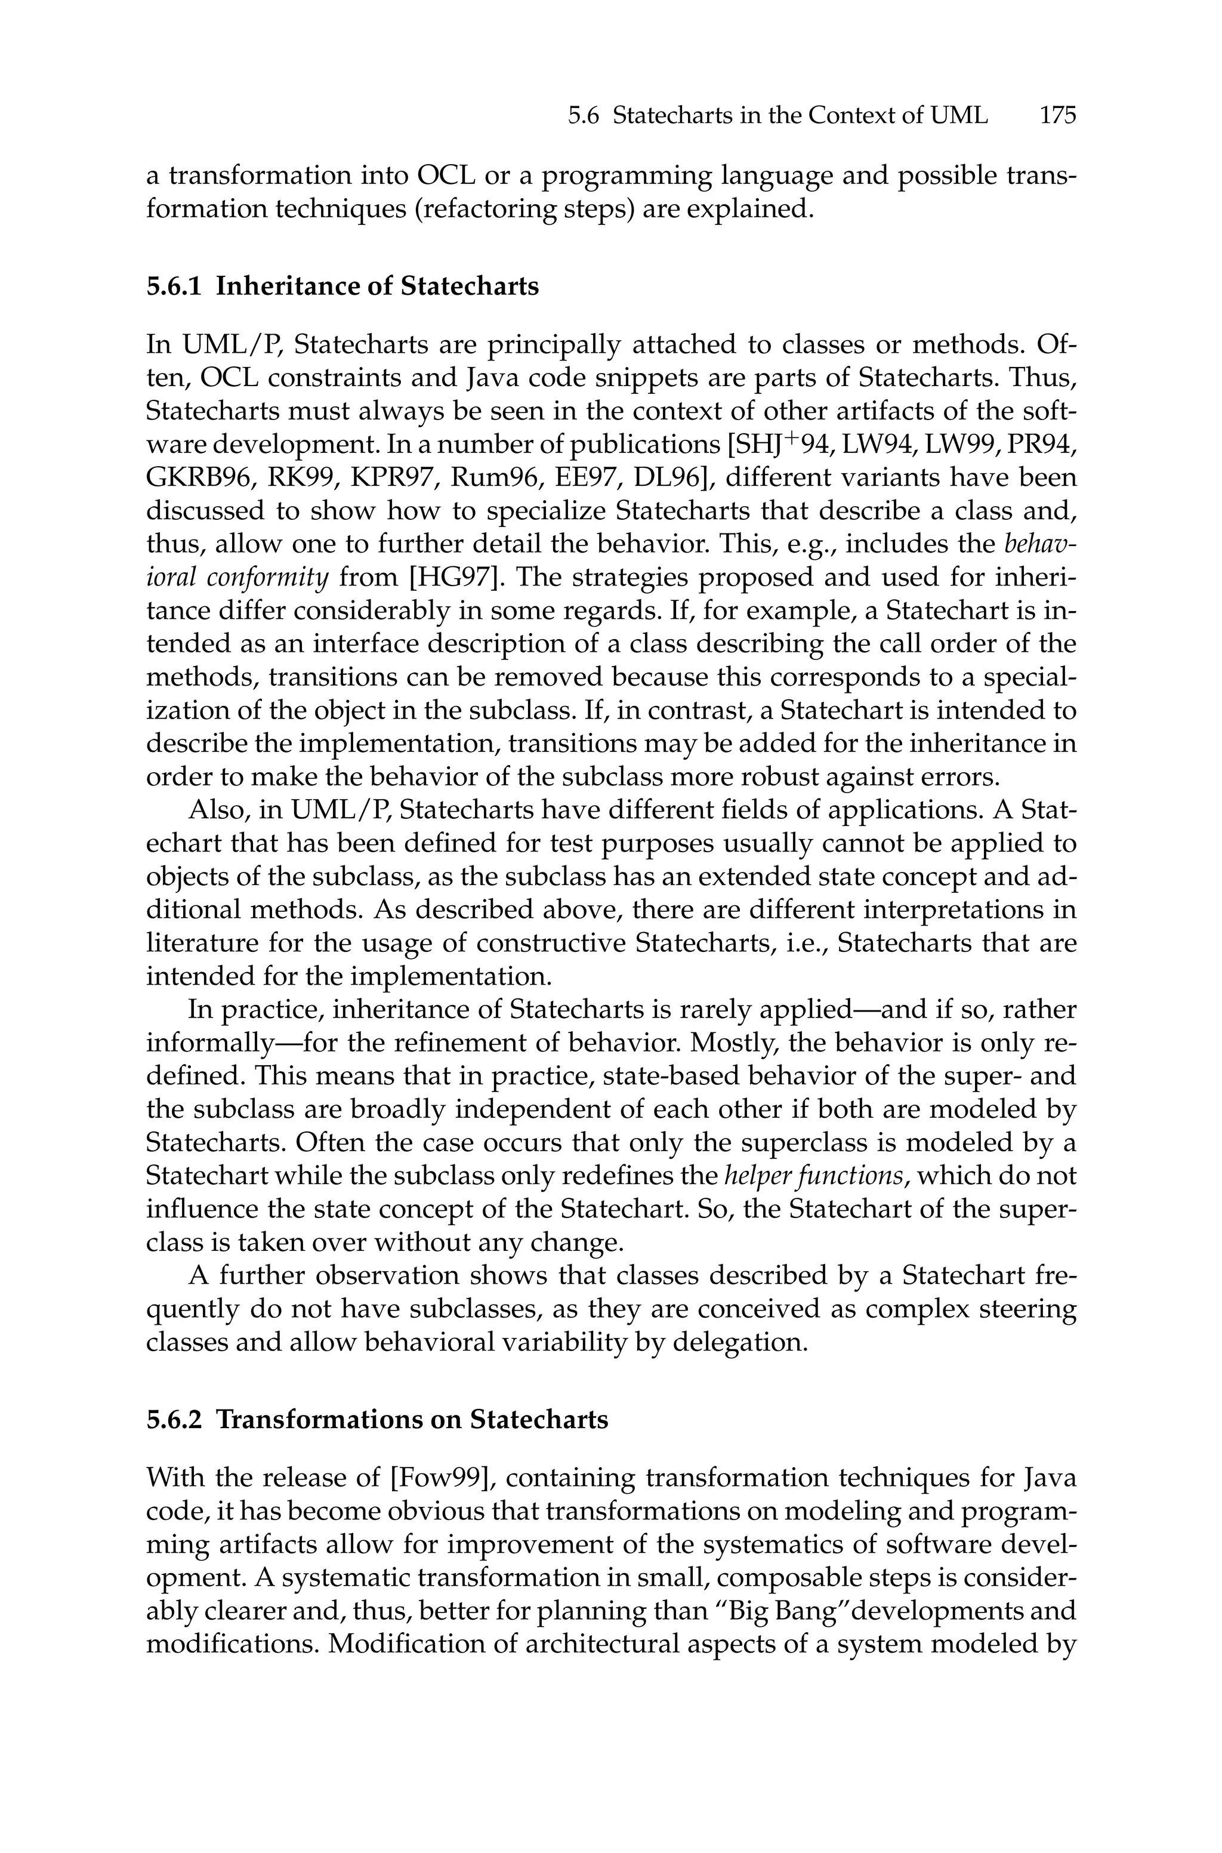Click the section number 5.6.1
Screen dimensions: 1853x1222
174,287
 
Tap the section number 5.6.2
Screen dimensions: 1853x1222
174,1419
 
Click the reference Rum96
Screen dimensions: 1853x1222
496,477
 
